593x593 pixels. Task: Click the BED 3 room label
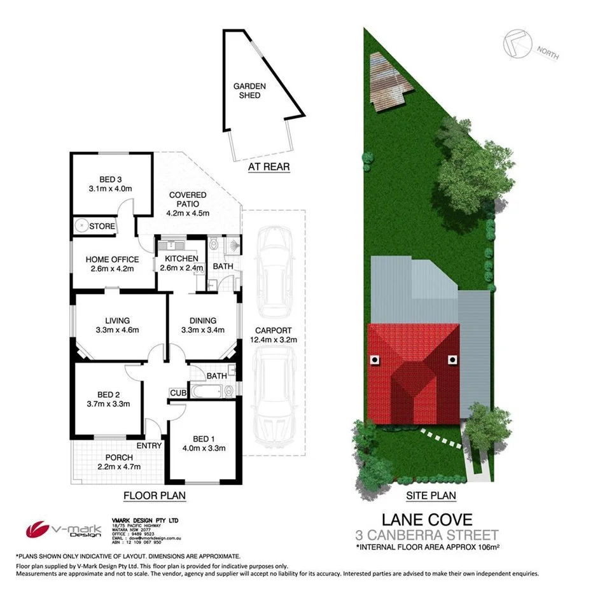(x=111, y=179)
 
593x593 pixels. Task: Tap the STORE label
(x=102, y=226)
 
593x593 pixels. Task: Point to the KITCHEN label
(x=181, y=258)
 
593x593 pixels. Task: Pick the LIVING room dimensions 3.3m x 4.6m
(x=113, y=330)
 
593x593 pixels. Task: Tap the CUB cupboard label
(x=177, y=393)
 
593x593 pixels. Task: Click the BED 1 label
(x=200, y=438)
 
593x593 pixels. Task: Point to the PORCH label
(x=119, y=457)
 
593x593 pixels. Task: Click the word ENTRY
(x=149, y=445)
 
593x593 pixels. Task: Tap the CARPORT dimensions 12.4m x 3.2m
(x=273, y=340)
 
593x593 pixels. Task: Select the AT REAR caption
(x=268, y=167)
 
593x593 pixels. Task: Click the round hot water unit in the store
(x=81, y=225)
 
